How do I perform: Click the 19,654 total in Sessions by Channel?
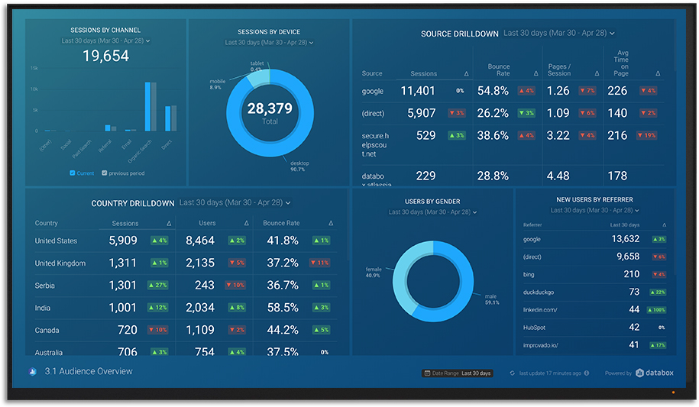tap(105, 56)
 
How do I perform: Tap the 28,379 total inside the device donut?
tap(269, 109)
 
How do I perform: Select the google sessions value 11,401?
tap(418, 91)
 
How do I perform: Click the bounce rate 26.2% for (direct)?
tap(493, 113)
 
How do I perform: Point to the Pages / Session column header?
tap(559, 70)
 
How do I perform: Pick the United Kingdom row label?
tap(60, 263)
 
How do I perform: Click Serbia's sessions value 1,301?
tap(122, 286)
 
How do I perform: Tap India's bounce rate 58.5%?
tap(282, 308)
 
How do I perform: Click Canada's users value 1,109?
tap(200, 331)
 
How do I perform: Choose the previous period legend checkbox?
tap(105, 173)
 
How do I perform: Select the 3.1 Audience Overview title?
tap(88, 372)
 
